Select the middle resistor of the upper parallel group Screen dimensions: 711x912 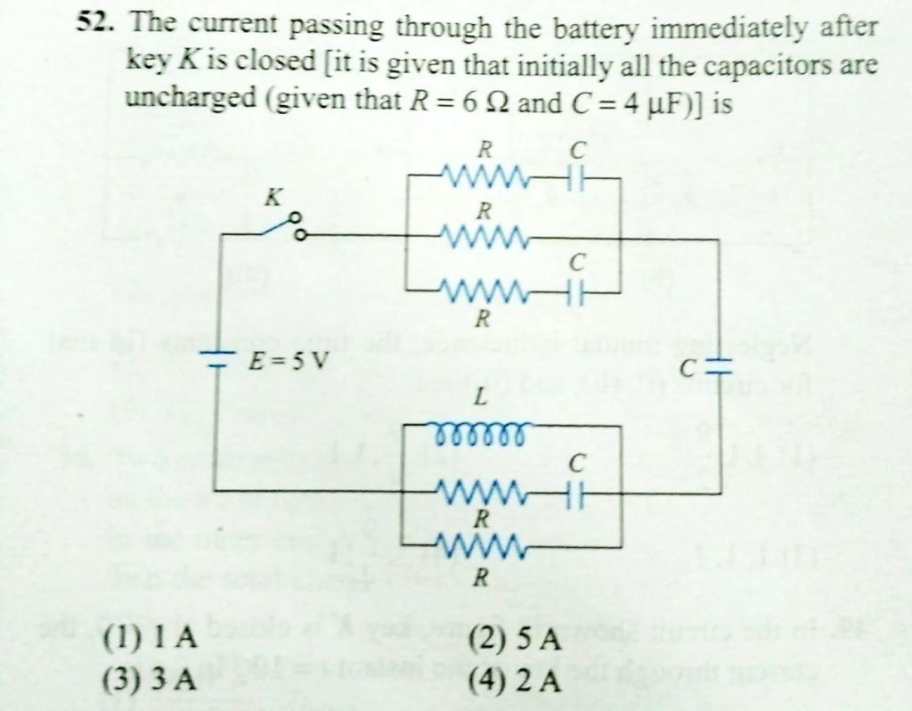pos(485,238)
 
